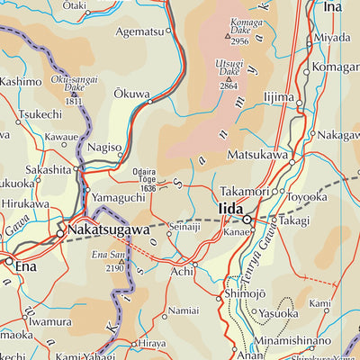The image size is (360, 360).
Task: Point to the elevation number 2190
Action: pyautogui.click(x=112, y=268)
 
